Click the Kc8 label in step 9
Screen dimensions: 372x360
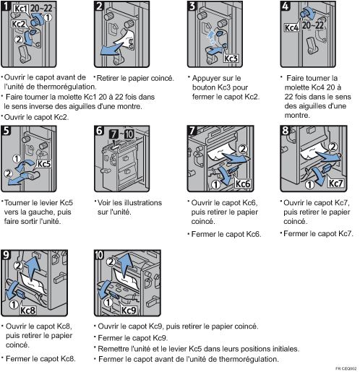27,311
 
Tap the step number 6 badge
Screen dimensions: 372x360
99,133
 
